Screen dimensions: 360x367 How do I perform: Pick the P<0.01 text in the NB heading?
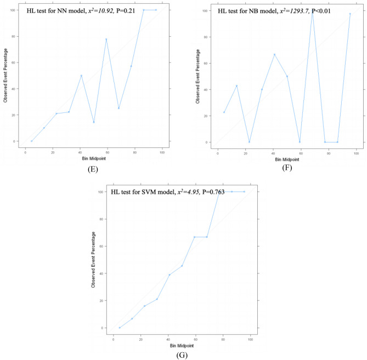340,11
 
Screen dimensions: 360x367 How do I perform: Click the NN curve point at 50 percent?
81,76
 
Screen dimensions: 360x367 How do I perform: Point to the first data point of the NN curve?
31,141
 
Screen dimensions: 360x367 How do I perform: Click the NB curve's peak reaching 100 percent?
312,10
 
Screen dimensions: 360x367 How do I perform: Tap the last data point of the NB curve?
350,14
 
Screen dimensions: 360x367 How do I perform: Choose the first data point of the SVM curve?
120,328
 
